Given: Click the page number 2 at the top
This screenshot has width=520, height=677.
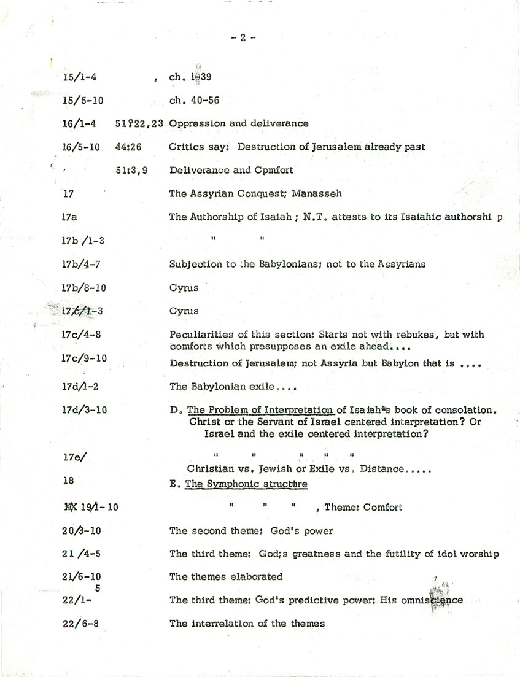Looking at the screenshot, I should [x=243, y=37].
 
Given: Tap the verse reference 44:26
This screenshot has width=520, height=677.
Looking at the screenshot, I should [x=127, y=147].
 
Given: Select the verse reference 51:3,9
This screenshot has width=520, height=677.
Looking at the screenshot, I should [x=131, y=170].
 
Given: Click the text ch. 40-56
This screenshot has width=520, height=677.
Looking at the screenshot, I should [x=194, y=101].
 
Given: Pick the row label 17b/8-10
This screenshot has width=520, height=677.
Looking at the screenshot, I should [x=83, y=287].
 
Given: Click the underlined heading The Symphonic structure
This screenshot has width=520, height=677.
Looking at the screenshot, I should [x=246, y=484].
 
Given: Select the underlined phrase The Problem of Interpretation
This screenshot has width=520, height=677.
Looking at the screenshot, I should [x=260, y=410].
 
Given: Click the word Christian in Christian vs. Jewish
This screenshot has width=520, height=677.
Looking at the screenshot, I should [x=212, y=469].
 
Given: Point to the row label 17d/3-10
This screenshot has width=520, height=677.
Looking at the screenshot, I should [x=84, y=410].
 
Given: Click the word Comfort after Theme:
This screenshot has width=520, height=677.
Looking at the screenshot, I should [x=382, y=507].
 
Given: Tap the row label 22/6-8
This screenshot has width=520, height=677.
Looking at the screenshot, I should [x=80, y=624].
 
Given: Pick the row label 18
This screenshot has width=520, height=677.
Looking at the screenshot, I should [x=68, y=482].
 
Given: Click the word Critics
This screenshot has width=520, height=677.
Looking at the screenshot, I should [x=186, y=147].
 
